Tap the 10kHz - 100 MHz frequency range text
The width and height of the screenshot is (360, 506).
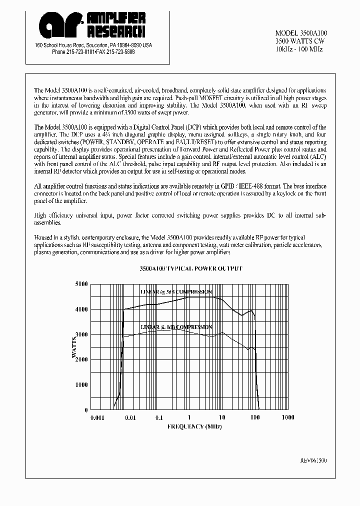(x=299, y=49)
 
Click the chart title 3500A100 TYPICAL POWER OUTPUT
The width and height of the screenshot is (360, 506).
(x=190, y=268)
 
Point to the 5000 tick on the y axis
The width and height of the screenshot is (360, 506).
(x=81, y=284)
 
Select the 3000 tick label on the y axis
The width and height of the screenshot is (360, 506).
(x=81, y=334)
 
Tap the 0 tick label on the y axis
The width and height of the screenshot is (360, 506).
(x=86, y=410)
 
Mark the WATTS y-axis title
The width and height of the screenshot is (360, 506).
(x=73, y=347)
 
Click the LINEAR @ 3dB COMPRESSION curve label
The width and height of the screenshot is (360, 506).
(x=175, y=291)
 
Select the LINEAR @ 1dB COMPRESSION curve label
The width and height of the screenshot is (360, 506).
(x=176, y=327)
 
